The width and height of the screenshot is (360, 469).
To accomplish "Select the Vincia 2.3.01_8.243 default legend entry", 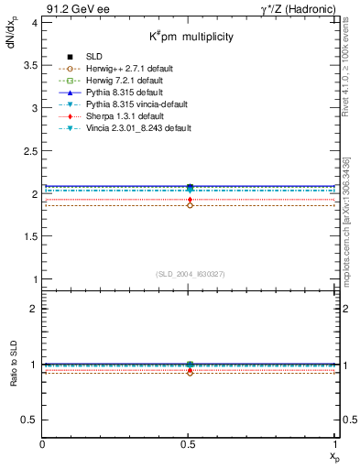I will pyautogui.click(x=136, y=128).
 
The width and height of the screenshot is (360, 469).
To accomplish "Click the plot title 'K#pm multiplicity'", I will pyautogui.click(x=191, y=37).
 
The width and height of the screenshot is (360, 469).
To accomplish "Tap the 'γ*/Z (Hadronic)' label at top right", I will pyautogui.click(x=296, y=8).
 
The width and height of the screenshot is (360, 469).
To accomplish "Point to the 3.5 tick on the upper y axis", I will pyautogui.click(x=31, y=65).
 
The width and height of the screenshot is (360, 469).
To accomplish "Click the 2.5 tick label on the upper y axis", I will pyautogui.click(x=31, y=151).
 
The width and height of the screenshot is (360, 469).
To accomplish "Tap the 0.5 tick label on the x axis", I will pyautogui.click(x=190, y=445).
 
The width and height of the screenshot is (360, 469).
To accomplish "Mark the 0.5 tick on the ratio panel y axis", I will pyautogui.click(x=31, y=420).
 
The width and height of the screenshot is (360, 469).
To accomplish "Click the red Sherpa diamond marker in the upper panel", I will pyautogui.click(x=190, y=200).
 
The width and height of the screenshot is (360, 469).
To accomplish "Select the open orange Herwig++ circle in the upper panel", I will pyautogui.click(x=190, y=205).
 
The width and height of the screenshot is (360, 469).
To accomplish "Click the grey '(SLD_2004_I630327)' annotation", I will pyautogui.click(x=190, y=273).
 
